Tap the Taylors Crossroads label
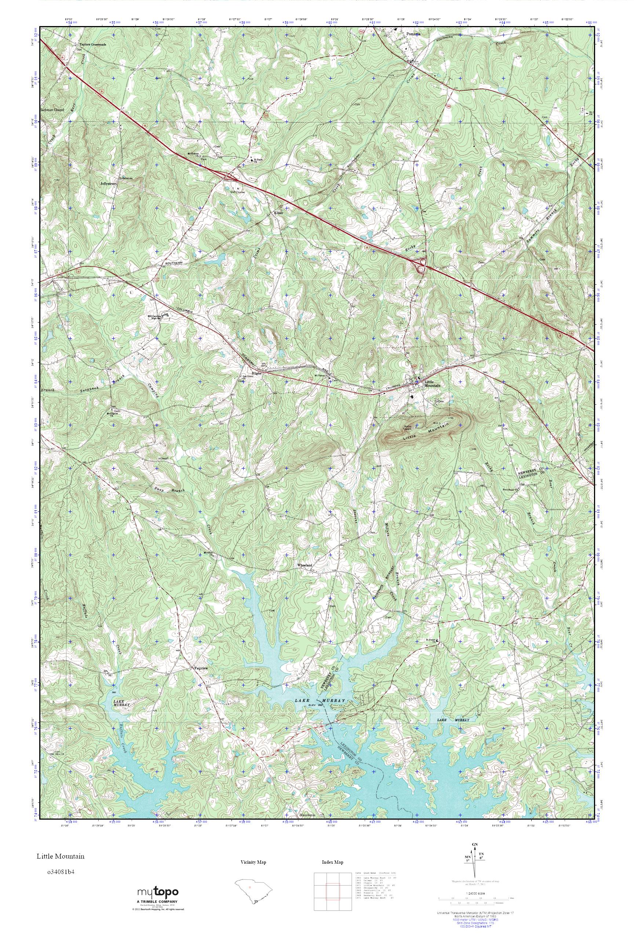click(92, 44)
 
